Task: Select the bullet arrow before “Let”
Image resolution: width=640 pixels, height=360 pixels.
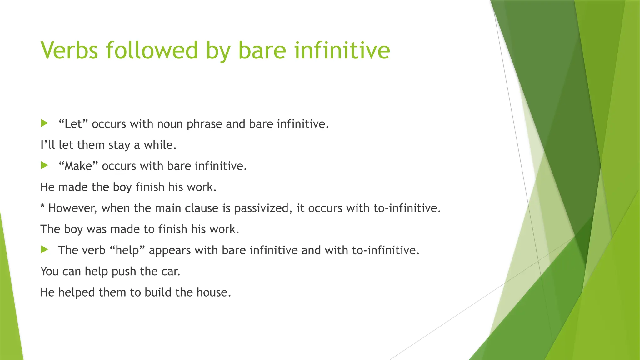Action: pyautogui.click(x=44, y=123)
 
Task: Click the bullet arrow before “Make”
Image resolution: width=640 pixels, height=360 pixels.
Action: pyautogui.click(x=44, y=165)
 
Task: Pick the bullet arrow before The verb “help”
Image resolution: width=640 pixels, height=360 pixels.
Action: pyautogui.click(x=44, y=250)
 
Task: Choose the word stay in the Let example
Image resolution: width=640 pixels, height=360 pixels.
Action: pyautogui.click(x=119, y=145)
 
